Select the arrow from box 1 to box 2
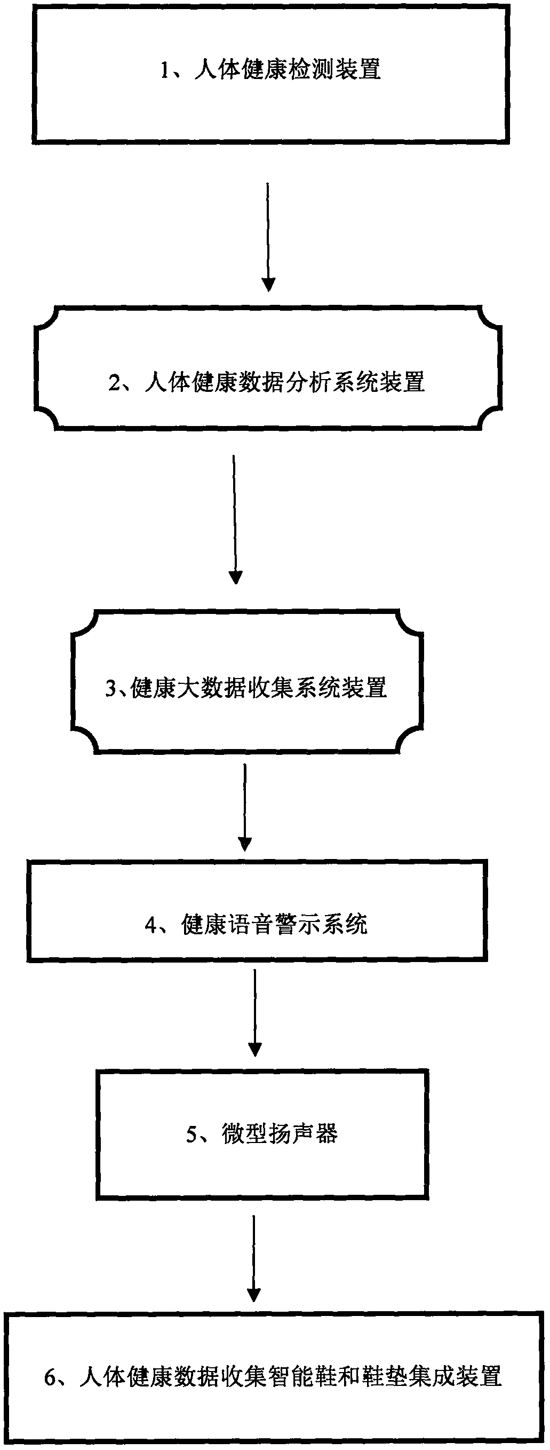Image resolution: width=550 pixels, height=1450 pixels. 268,237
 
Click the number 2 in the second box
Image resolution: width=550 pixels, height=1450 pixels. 114,383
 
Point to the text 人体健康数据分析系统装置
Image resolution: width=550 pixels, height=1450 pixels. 284,383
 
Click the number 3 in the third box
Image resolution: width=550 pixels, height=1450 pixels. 111,688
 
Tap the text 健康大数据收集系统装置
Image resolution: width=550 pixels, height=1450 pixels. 259,688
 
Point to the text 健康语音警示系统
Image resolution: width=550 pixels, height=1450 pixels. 274,924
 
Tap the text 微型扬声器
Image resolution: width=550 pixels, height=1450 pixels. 280,1133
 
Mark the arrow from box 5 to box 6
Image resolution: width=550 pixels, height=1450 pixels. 254,1263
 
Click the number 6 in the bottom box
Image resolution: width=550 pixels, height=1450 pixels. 50,1377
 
